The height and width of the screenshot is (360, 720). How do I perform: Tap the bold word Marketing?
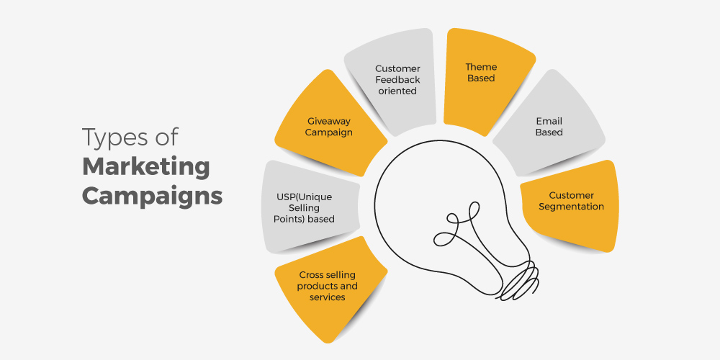tap(146, 168)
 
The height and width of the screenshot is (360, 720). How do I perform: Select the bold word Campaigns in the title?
tap(153, 197)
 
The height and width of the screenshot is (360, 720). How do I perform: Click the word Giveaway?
tap(329, 121)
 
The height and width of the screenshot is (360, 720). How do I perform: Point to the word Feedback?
tap(397, 80)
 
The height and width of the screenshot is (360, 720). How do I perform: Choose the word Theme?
tap(481, 67)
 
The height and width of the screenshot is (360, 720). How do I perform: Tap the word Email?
tap(549, 121)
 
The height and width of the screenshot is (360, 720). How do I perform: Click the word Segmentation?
tap(571, 207)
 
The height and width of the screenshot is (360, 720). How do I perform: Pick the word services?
tap(328, 297)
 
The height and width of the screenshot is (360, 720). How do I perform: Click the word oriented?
tap(397, 91)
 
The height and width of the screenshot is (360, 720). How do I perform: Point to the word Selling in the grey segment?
tap(304, 209)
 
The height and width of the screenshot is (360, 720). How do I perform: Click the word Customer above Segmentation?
tap(571, 196)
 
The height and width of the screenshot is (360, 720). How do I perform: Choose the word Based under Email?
tap(549, 132)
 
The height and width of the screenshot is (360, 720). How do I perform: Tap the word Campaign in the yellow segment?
tap(329, 132)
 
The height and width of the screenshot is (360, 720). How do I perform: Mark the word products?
tap(316, 286)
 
